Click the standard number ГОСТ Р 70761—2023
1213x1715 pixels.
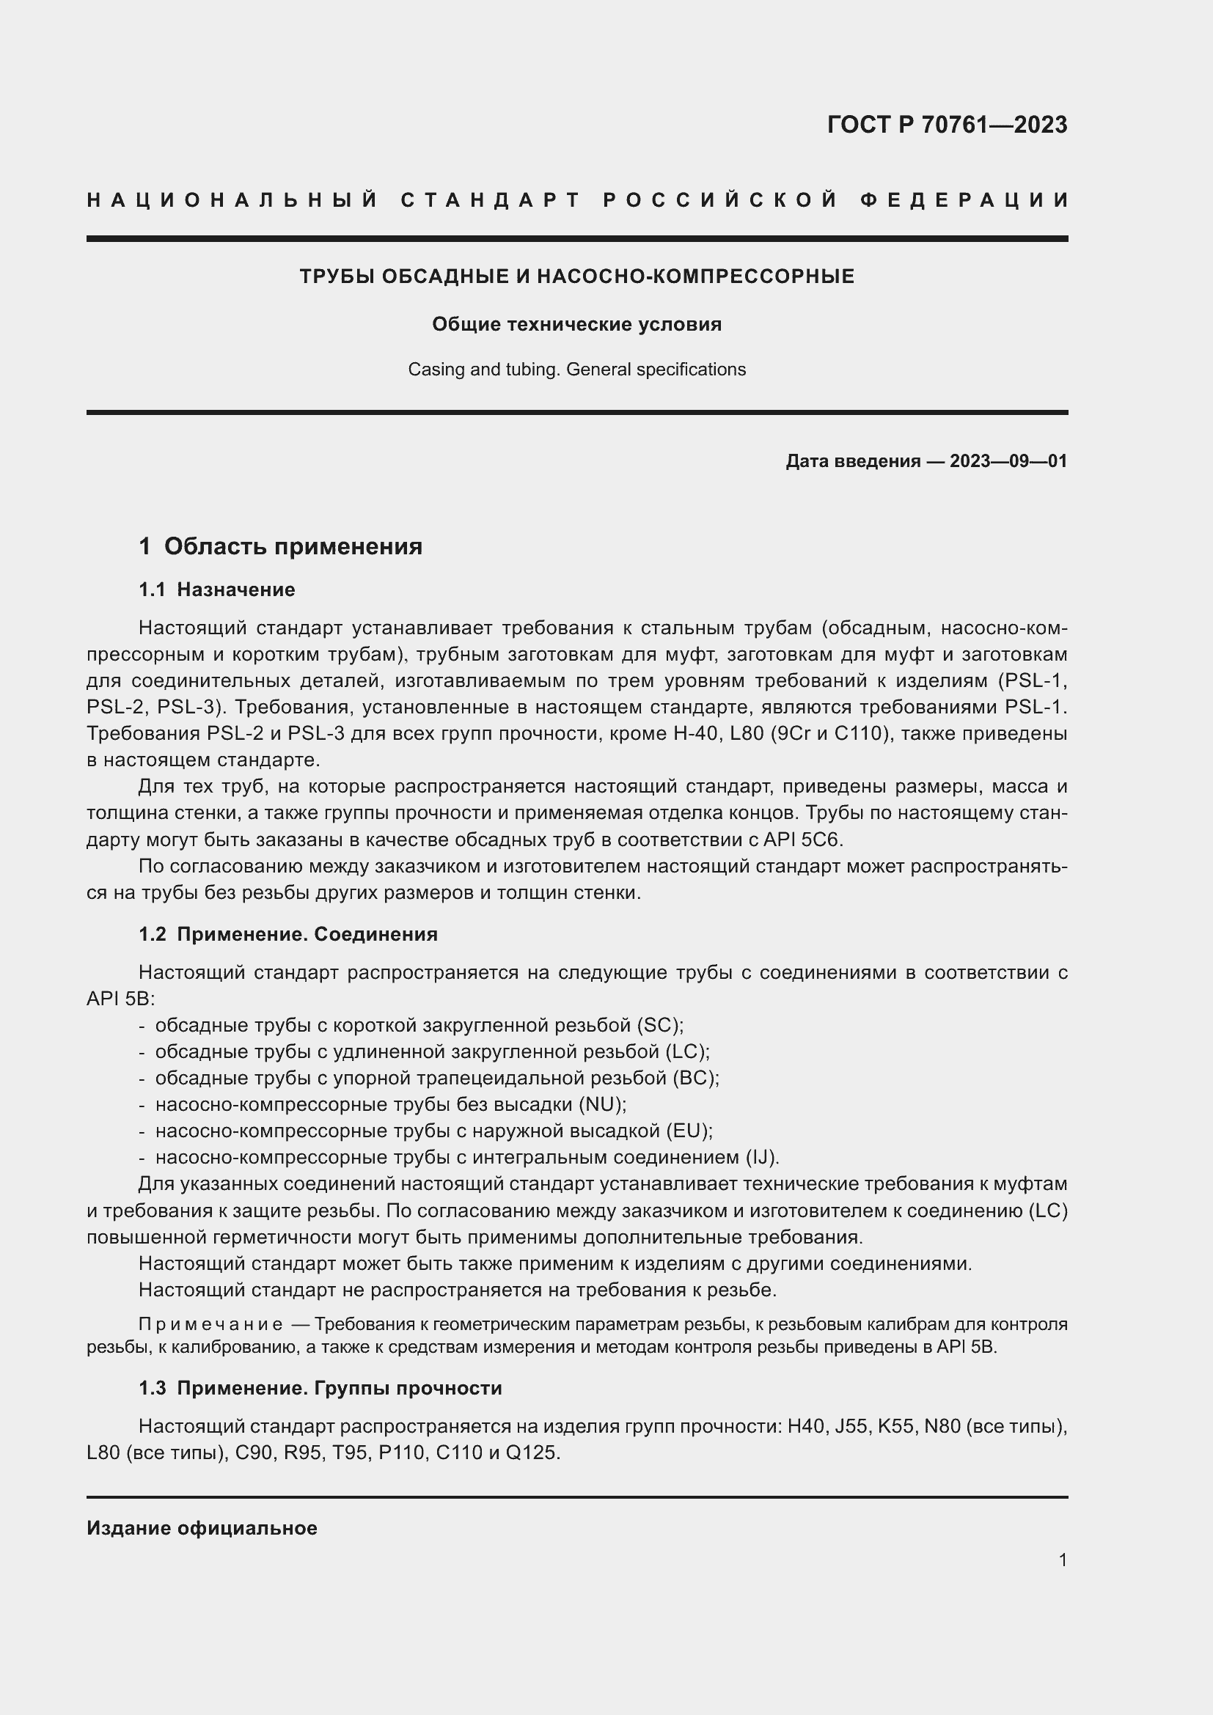[x=946, y=125]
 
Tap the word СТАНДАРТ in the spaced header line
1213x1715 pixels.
[x=490, y=200]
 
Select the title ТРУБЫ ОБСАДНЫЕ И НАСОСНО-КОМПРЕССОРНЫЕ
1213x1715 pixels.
[x=576, y=276]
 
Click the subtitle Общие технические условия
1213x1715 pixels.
[x=576, y=324]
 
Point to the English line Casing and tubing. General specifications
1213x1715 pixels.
[x=576, y=370]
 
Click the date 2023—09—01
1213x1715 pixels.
[x=1008, y=461]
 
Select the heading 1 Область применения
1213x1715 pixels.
[x=280, y=546]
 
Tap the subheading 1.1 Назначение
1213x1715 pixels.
[x=216, y=590]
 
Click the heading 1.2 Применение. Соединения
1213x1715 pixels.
[x=287, y=933]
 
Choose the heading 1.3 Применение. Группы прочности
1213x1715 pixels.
[x=320, y=1388]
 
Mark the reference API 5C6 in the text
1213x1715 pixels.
[x=802, y=840]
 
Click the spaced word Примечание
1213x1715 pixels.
[x=210, y=1324]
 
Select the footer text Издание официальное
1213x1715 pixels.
[x=202, y=1528]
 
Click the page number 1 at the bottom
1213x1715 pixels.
[x=1063, y=1560]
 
